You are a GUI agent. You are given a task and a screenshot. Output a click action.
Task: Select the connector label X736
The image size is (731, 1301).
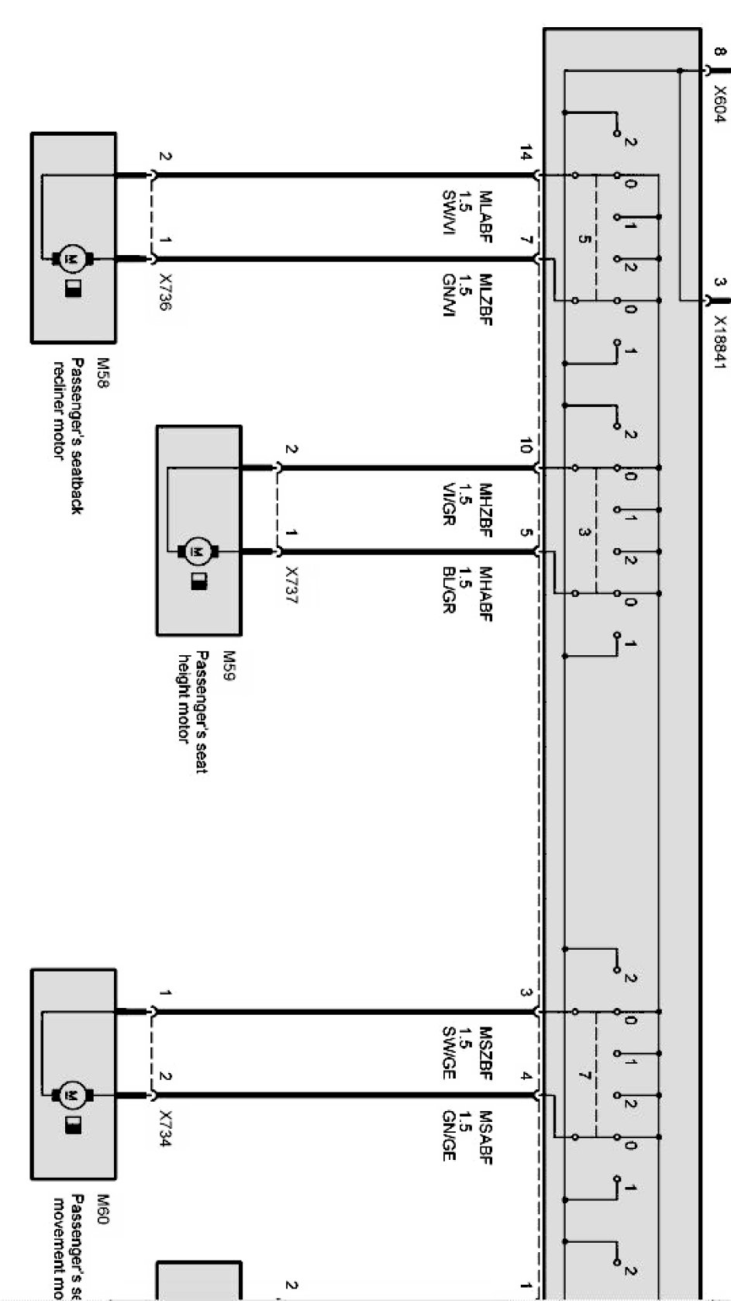pyautogui.click(x=165, y=292)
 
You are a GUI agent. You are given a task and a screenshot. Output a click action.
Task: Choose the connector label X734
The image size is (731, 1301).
pyautogui.click(x=165, y=1129)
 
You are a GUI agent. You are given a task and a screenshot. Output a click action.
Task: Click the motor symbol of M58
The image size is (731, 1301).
pyautogui.click(x=74, y=258)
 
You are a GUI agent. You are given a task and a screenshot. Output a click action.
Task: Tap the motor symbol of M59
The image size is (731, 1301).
pyautogui.click(x=198, y=551)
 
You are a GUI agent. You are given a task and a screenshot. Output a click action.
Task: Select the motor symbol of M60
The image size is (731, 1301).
pyautogui.click(x=74, y=1096)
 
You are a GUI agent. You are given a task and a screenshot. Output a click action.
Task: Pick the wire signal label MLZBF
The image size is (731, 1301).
pyautogui.click(x=486, y=299)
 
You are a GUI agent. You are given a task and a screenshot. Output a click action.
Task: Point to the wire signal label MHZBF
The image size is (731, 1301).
pyautogui.click(x=486, y=505)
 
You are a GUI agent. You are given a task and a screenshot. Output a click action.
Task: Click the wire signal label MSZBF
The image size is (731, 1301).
pyautogui.click(x=486, y=1049)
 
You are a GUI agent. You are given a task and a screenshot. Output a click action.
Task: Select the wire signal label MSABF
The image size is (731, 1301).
pyautogui.click(x=486, y=1137)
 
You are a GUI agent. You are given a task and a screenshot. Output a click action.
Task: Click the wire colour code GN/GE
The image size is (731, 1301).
pyautogui.click(x=448, y=1136)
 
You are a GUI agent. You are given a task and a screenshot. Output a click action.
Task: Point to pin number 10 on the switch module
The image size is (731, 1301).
pyautogui.click(x=527, y=445)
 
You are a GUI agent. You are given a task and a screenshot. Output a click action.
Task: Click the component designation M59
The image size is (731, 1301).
pyautogui.click(x=229, y=666)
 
